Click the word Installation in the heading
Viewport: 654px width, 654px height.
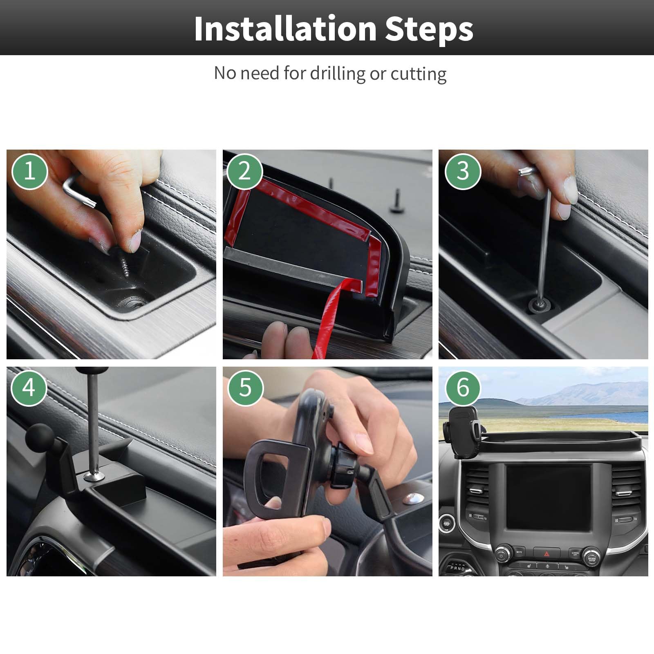pyautogui.click(x=285, y=29)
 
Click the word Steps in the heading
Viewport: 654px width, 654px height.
pyautogui.click(x=429, y=29)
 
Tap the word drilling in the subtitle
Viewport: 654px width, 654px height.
pyautogui.click(x=337, y=74)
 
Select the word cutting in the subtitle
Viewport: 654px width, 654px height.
pyautogui.click(x=418, y=74)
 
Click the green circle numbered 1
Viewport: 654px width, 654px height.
pyautogui.click(x=30, y=171)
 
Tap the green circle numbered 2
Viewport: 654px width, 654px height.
pyautogui.click(x=244, y=171)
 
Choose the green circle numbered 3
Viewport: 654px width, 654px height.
pyautogui.click(x=463, y=171)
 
